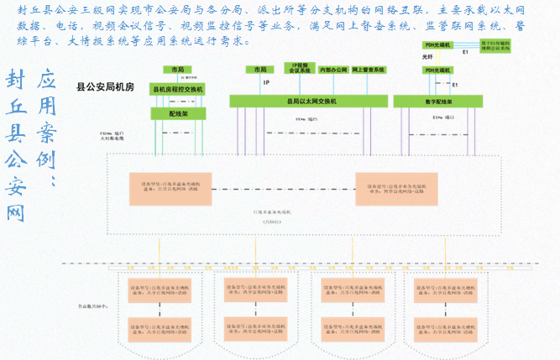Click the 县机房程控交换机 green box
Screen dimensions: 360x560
coord(178,89)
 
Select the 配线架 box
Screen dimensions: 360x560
coord(178,113)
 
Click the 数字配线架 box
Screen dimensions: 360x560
coord(435,102)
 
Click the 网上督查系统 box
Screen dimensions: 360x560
coord(369,70)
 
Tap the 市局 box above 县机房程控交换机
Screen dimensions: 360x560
coord(178,70)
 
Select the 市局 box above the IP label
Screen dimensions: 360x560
coord(256,70)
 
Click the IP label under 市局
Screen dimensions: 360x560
coord(266,83)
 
